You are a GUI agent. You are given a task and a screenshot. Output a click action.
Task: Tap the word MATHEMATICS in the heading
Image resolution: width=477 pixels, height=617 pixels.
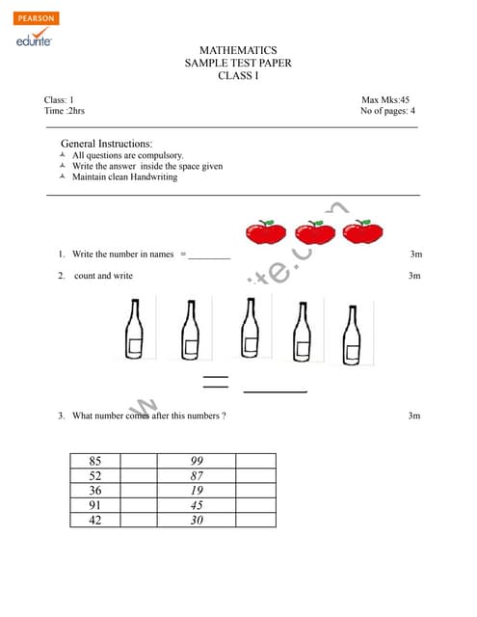click(238, 50)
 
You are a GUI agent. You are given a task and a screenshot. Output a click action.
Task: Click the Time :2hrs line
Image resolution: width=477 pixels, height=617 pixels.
click(65, 111)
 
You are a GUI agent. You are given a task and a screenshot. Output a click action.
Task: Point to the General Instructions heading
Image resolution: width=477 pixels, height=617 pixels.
click(106, 143)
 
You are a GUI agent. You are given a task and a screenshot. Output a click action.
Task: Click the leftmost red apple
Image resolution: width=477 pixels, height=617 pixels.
click(265, 232)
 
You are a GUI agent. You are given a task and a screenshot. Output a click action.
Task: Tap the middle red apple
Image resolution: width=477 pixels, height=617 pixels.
click(314, 232)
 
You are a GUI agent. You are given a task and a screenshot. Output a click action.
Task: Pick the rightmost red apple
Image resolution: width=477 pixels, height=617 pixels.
click(362, 232)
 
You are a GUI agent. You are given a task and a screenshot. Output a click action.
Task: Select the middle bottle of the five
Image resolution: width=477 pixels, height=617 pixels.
click(251, 329)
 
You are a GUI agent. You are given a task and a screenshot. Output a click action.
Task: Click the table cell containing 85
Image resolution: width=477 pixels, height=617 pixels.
click(94, 461)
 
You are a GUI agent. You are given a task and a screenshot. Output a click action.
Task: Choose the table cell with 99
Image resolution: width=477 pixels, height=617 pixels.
click(197, 461)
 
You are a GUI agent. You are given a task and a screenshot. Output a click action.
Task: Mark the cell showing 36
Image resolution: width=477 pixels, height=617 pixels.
click(94, 490)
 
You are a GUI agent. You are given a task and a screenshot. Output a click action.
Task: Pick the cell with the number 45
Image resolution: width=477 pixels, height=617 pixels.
click(197, 504)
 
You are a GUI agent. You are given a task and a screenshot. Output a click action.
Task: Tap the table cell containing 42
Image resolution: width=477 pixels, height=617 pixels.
click(94, 520)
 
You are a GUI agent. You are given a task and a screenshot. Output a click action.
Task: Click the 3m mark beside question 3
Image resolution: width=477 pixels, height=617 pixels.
click(414, 416)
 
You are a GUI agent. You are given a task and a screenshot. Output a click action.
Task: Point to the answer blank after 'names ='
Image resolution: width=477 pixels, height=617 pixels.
click(209, 256)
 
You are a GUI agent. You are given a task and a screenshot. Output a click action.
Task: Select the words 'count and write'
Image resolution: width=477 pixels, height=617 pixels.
click(103, 276)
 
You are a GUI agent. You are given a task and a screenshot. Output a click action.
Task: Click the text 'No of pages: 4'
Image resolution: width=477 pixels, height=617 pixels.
click(387, 111)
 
